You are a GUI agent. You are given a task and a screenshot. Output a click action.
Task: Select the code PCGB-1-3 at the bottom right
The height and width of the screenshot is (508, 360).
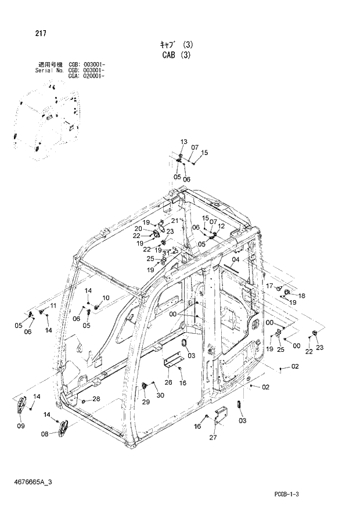(x=290, y=493)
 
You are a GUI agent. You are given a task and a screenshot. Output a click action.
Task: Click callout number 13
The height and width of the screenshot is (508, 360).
(x=183, y=142)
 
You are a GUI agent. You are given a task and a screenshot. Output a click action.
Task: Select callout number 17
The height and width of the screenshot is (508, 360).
(x=269, y=286)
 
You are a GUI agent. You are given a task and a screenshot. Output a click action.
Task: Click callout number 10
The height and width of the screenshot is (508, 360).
(x=106, y=298)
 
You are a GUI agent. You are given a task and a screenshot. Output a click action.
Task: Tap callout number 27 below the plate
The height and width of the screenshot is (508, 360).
(x=213, y=437)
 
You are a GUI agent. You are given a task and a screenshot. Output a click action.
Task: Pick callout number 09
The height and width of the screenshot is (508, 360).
(x=20, y=426)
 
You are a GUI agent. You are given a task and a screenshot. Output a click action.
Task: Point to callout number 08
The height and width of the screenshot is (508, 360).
(x=45, y=434)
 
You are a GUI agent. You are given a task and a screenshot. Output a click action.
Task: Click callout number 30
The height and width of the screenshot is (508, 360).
(x=160, y=395)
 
